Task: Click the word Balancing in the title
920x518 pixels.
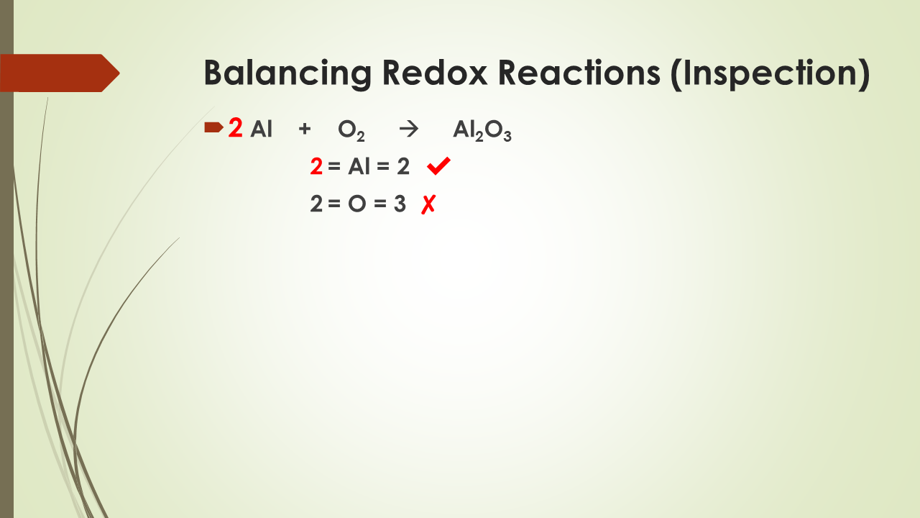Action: [x=287, y=73]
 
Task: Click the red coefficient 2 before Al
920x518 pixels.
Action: [x=235, y=129]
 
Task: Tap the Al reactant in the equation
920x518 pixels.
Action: [x=262, y=130]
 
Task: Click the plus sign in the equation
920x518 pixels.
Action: [x=305, y=130]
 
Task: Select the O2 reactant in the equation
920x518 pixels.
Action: [x=351, y=132]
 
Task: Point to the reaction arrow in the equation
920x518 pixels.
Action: [x=408, y=130]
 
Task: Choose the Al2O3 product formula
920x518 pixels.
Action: [x=482, y=132]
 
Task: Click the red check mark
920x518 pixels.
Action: [x=438, y=167]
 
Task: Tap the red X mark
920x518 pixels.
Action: [x=428, y=205]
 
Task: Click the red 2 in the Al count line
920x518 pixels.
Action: [x=316, y=168]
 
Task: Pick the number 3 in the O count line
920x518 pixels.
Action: [x=400, y=205]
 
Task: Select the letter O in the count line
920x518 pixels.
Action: [x=357, y=205]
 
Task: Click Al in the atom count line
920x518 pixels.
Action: [x=359, y=168]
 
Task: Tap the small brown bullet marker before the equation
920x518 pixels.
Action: [x=213, y=128]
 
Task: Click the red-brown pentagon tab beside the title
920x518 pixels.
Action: [x=57, y=73]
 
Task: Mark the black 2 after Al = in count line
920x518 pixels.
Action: [x=402, y=168]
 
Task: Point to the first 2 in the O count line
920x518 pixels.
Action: [x=316, y=205]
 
